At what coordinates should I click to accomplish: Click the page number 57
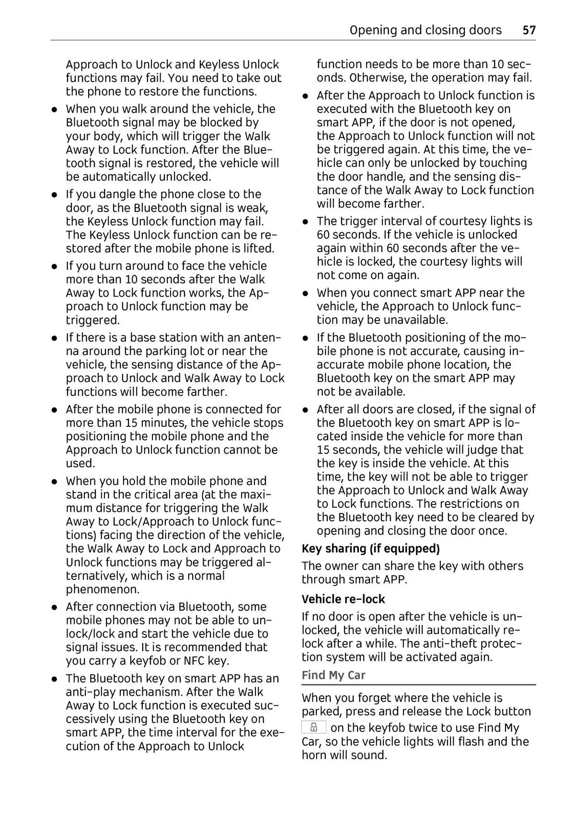tap(529, 30)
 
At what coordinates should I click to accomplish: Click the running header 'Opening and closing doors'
tap(425, 30)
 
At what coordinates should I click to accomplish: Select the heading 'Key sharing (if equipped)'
tap(370, 549)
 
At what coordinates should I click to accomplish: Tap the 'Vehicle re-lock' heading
tap(343, 599)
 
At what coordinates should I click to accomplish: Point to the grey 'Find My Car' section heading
tap(333, 675)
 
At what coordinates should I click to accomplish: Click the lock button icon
tap(314, 727)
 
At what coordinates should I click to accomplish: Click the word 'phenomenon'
tap(103, 589)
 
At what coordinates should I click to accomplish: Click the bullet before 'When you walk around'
tap(55, 109)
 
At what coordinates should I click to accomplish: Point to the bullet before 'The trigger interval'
tap(305, 221)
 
